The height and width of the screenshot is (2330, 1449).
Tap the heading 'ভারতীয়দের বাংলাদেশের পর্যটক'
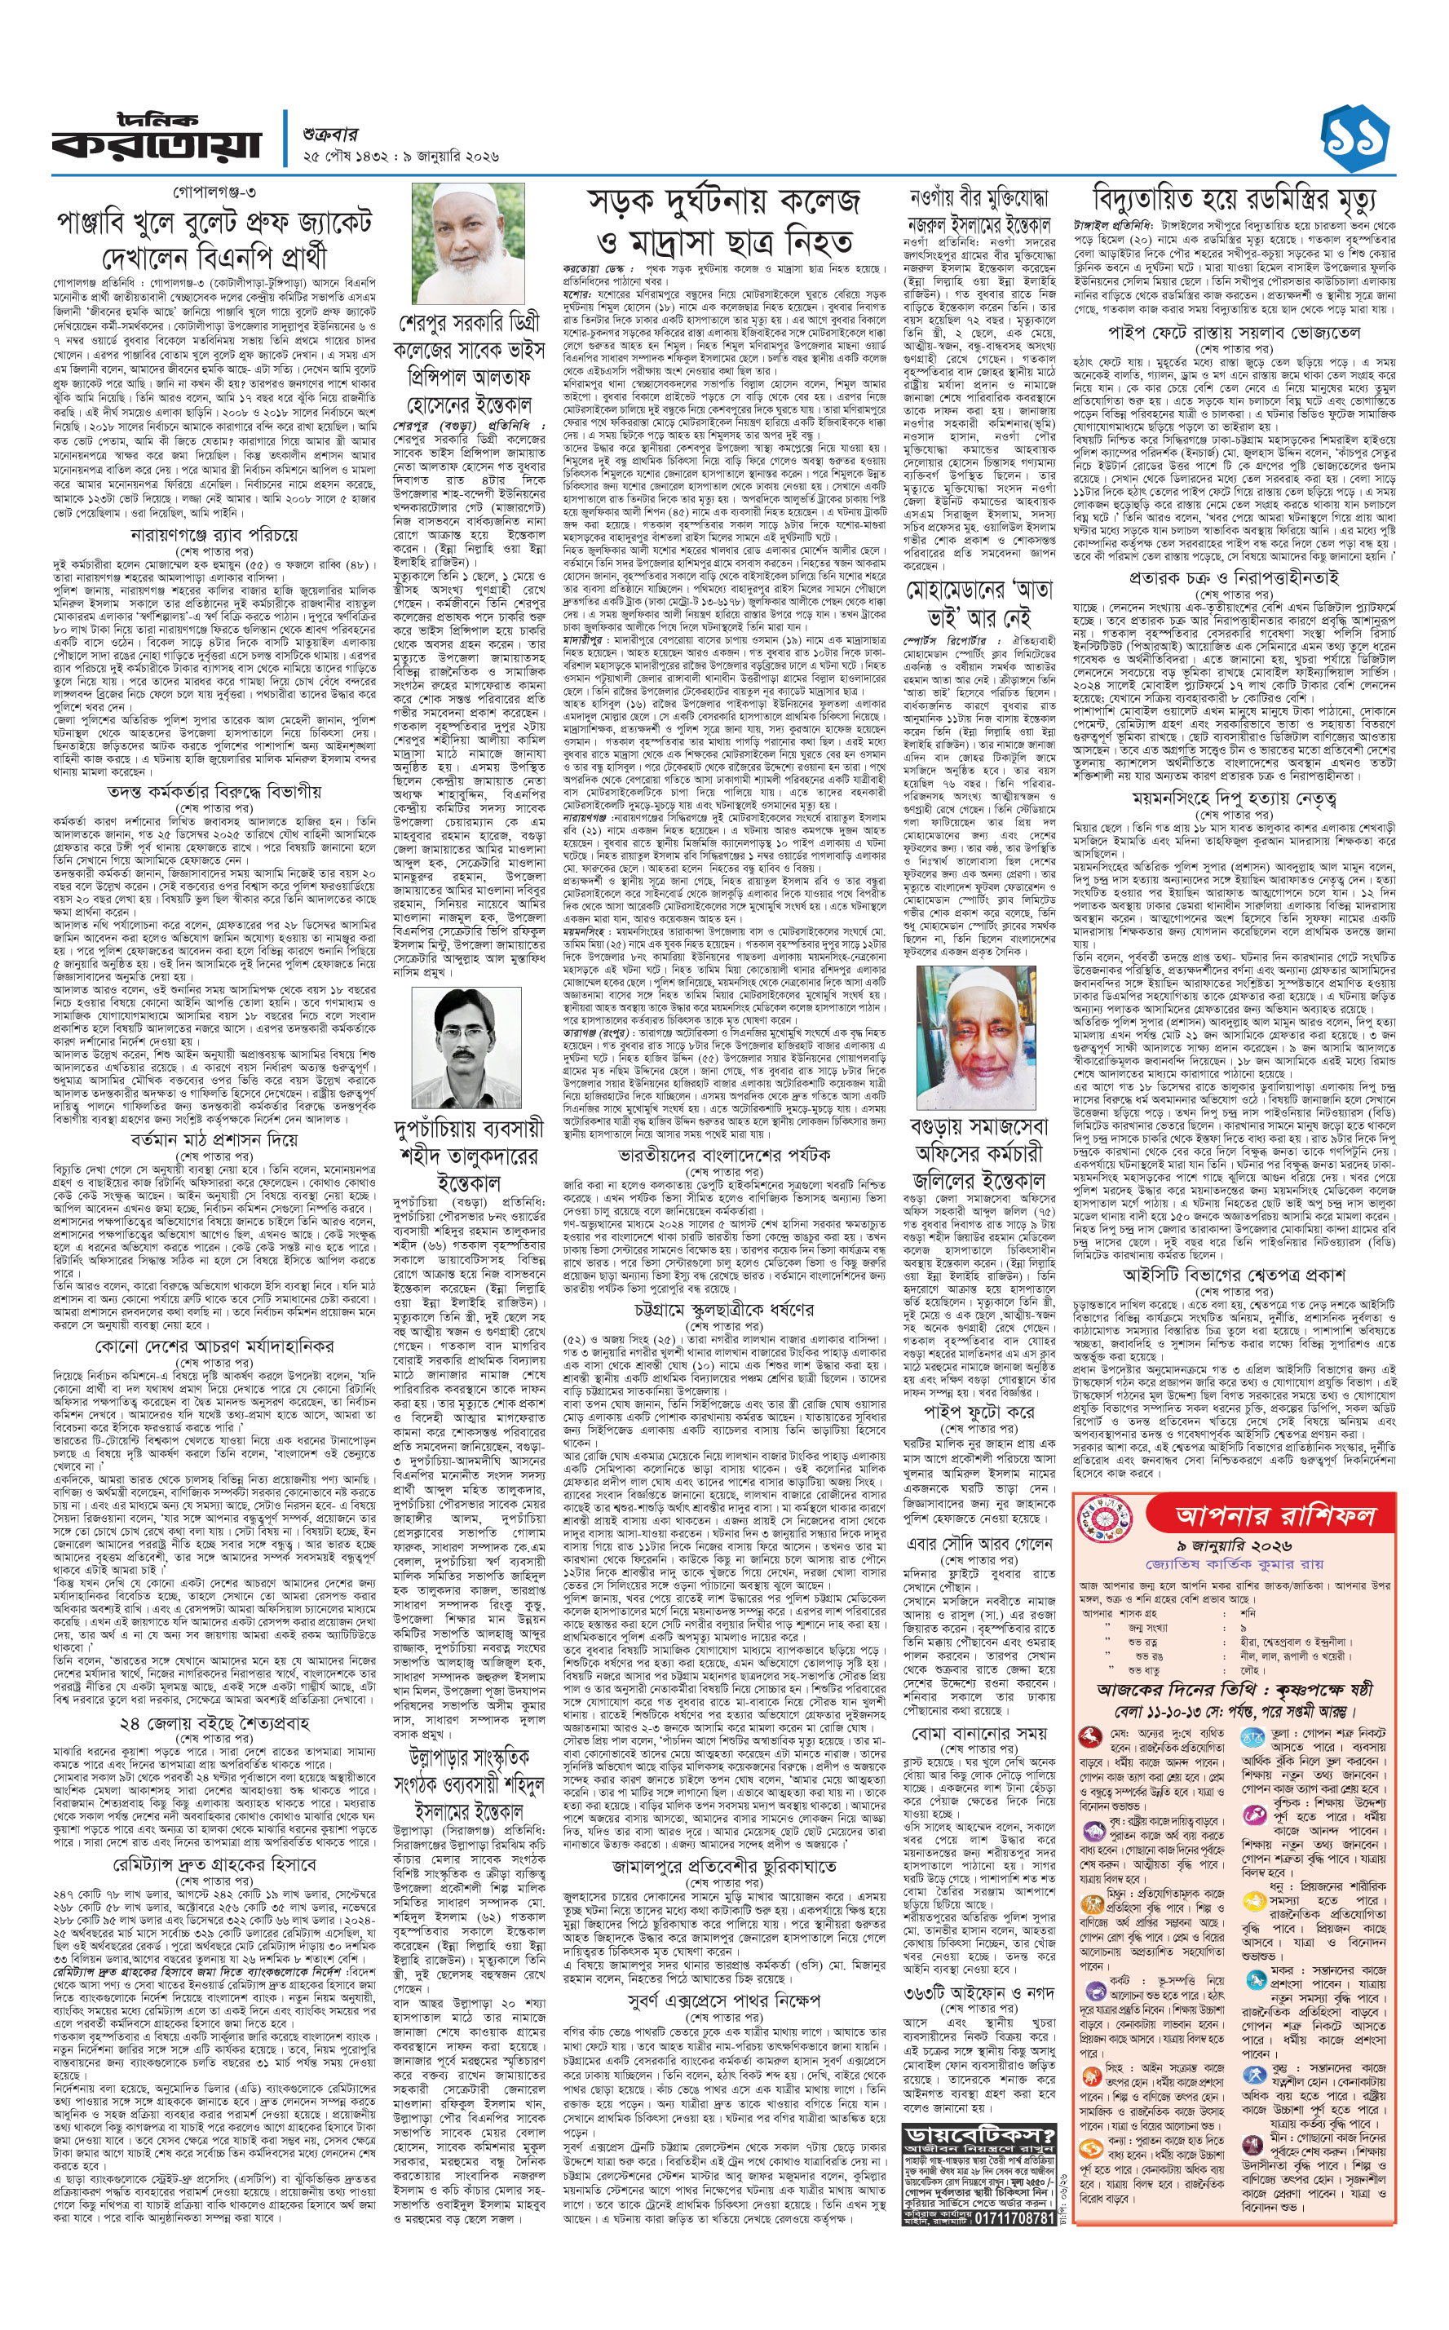coord(723,1154)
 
